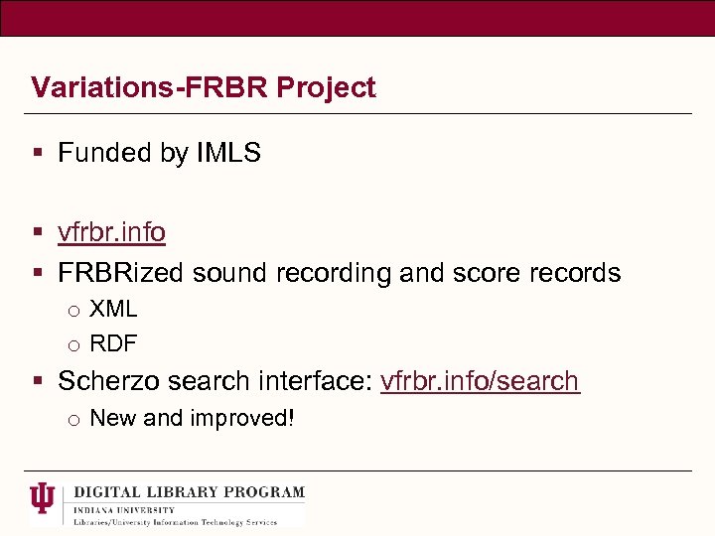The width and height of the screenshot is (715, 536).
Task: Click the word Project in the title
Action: pos(326,88)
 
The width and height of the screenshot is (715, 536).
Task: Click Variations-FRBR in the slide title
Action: pos(150,88)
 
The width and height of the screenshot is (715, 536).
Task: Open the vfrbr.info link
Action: pos(111,232)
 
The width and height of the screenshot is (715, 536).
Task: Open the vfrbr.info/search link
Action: pos(480,381)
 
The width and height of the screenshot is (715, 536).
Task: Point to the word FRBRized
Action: pos(122,273)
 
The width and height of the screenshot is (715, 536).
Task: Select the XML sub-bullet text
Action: pos(113,310)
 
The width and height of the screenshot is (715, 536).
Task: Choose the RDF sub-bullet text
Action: pos(113,344)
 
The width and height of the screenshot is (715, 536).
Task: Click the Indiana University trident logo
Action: pos(44,498)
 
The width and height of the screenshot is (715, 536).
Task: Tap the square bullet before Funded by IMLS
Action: pos(38,153)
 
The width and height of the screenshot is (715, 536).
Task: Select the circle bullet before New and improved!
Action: pos(73,420)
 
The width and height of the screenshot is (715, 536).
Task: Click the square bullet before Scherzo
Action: pos(38,381)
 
